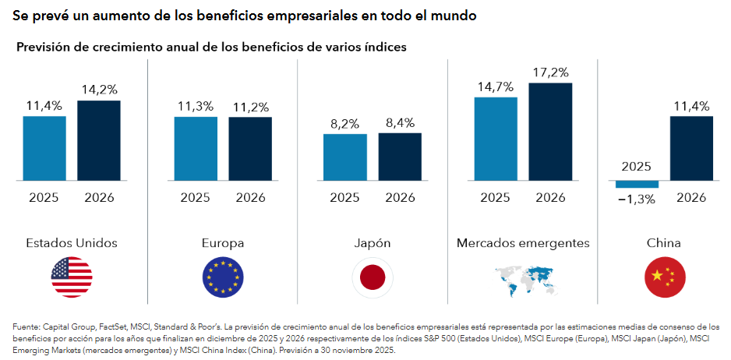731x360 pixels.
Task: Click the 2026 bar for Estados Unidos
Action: click(x=99, y=140)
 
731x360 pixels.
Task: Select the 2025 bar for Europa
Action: click(x=196, y=149)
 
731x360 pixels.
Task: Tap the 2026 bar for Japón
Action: click(x=400, y=157)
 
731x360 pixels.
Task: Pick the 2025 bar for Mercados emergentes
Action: click(x=496, y=139)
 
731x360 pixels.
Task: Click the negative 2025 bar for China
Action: click(x=637, y=184)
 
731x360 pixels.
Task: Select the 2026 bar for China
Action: click(x=691, y=148)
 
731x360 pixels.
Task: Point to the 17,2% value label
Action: click(x=550, y=72)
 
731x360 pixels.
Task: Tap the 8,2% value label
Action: click(x=344, y=123)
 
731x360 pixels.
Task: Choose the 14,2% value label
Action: click(x=99, y=90)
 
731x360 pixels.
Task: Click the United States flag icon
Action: click(x=72, y=277)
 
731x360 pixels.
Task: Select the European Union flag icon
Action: click(x=222, y=277)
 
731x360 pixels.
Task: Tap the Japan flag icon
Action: click(x=373, y=277)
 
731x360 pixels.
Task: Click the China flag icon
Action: click(x=664, y=277)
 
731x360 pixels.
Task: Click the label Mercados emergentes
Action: click(x=523, y=243)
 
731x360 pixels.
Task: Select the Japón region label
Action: click(x=373, y=243)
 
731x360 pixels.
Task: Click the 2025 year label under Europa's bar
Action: click(x=195, y=197)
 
